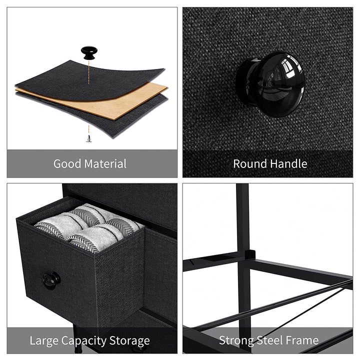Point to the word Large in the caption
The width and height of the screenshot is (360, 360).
44,341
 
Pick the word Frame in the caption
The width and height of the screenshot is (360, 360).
303,341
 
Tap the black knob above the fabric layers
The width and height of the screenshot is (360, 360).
89,52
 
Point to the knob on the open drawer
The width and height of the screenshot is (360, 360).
50,280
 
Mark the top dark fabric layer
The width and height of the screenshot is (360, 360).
75,75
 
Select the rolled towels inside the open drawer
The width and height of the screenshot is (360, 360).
90,227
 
